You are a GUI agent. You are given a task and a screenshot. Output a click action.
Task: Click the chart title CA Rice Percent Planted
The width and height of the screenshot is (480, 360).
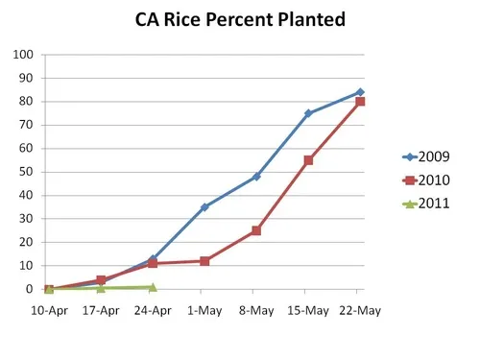[x=240, y=20]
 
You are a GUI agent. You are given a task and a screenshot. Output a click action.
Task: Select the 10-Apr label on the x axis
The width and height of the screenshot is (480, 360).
[x=49, y=310]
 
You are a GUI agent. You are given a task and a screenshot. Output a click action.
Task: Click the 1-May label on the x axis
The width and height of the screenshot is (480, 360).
[x=204, y=310]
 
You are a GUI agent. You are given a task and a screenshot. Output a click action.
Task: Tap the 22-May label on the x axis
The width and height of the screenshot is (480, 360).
[x=359, y=310]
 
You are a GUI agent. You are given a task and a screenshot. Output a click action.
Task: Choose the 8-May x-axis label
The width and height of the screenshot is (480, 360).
[x=256, y=310]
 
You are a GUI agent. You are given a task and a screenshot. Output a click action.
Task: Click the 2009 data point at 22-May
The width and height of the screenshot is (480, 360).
[x=360, y=92]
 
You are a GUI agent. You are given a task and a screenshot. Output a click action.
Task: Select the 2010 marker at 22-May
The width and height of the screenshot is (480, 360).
[x=360, y=102]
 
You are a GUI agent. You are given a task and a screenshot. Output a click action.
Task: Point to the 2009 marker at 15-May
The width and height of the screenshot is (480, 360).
[x=308, y=113]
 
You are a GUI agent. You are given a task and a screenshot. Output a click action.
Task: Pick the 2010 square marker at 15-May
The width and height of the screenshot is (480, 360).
[x=308, y=160]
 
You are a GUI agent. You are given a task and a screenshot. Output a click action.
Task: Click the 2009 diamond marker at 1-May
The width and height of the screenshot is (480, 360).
[x=204, y=206]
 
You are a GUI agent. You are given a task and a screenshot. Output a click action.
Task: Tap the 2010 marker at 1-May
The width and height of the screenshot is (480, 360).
[x=204, y=261]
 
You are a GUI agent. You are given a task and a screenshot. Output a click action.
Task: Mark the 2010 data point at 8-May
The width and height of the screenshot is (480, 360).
[x=256, y=230]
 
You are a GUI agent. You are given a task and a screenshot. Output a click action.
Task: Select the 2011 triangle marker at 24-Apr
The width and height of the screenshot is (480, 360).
[x=153, y=287]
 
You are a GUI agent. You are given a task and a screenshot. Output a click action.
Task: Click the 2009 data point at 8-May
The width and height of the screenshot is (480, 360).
[x=256, y=177]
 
